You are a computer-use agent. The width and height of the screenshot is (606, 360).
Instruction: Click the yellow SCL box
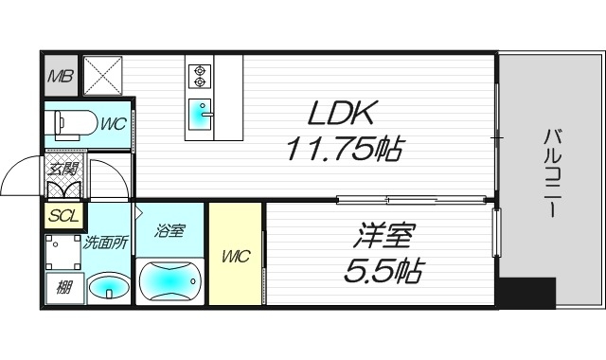pos(62,215)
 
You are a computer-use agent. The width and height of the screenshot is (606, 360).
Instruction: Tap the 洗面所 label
pos(105,242)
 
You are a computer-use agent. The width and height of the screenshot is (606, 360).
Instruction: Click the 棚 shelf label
pos(62,285)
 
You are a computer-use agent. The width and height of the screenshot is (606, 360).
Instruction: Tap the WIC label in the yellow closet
pos(236,256)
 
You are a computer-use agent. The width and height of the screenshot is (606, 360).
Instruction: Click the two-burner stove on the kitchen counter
pos(200,73)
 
